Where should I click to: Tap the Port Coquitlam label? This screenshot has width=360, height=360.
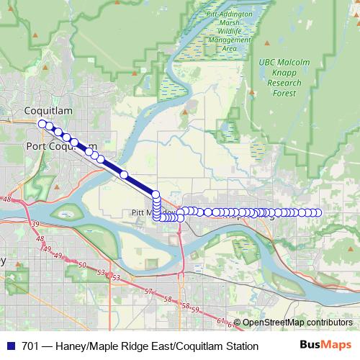point(60,146)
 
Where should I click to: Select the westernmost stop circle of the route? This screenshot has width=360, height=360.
point(42,124)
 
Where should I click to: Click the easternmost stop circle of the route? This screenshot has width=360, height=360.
point(318,212)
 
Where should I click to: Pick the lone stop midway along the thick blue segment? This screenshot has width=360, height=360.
point(124,175)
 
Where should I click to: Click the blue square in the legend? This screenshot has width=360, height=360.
point(11,346)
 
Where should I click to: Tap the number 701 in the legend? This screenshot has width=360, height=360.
point(30,346)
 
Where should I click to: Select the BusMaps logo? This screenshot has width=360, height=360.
point(325,346)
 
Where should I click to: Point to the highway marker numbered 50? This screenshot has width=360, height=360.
point(82,266)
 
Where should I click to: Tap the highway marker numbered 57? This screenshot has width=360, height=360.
point(149,292)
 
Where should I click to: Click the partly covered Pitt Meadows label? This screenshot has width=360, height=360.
point(144,213)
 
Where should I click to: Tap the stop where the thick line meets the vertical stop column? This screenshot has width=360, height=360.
point(156,193)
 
